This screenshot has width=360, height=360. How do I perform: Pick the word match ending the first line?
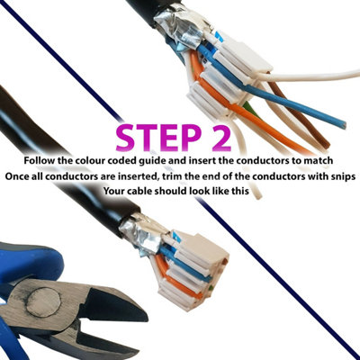(x=318, y=160)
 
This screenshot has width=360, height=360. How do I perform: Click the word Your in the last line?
(x=119, y=192)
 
